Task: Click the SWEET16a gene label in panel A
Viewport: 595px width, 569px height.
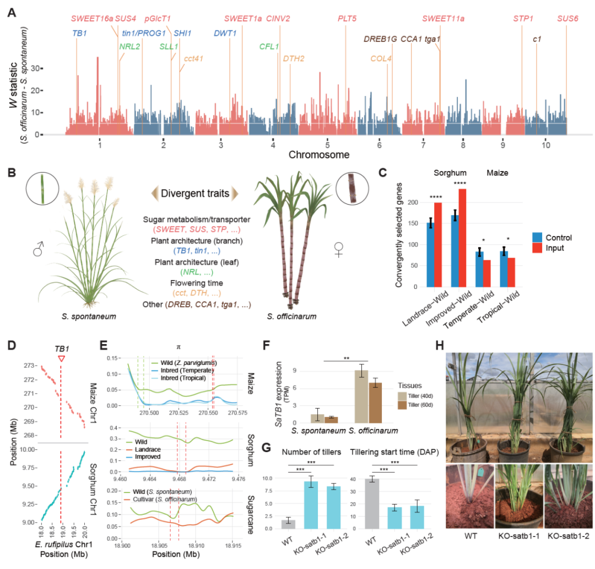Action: [x=91, y=19]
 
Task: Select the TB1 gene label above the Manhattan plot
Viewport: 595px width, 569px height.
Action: [x=80, y=33]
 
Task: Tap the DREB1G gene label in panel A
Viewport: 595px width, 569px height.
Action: [x=380, y=39]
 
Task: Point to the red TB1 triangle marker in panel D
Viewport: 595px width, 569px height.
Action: [x=61, y=359]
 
